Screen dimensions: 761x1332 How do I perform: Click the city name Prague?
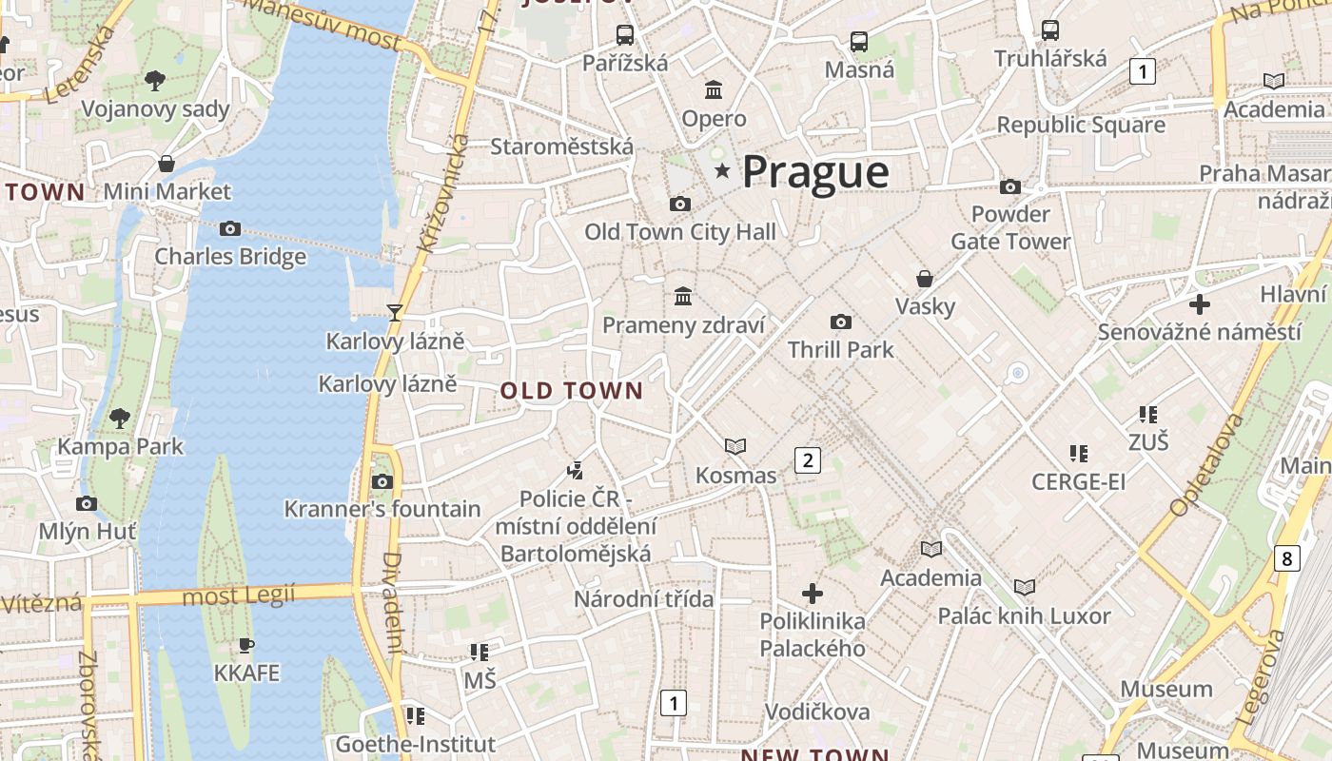click(x=815, y=172)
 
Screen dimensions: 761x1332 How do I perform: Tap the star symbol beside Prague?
click(x=723, y=171)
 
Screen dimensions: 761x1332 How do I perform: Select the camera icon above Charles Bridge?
click(x=230, y=228)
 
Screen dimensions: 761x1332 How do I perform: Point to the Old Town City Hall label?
click(x=679, y=231)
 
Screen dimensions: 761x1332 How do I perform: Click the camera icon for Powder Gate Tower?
click(x=1010, y=186)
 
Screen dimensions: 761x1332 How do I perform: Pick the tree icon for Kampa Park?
click(x=120, y=418)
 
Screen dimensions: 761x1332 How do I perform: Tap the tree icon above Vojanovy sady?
click(x=155, y=81)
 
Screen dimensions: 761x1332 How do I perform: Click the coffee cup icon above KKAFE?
click(x=246, y=645)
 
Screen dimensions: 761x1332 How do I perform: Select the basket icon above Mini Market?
click(x=166, y=164)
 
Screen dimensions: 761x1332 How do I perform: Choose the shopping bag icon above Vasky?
click(x=924, y=279)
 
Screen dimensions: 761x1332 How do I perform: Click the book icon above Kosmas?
click(x=735, y=446)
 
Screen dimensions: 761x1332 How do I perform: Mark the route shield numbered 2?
click(x=808, y=460)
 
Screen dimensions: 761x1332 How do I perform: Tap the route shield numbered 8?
click(x=1287, y=558)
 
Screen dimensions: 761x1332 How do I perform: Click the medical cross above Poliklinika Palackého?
click(x=813, y=594)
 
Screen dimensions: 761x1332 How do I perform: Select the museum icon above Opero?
click(x=714, y=90)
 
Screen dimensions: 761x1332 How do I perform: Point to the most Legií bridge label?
click(x=238, y=596)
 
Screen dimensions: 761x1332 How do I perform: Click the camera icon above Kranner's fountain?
click(x=382, y=481)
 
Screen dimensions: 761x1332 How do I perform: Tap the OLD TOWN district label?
click(x=572, y=391)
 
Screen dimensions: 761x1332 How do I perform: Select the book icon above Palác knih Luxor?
click(x=1025, y=588)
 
